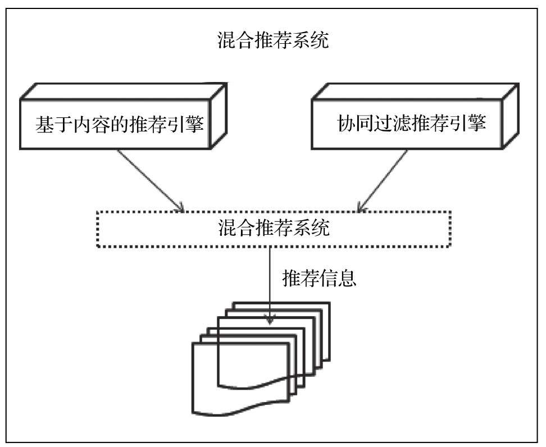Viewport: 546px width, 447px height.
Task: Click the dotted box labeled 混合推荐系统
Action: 273,229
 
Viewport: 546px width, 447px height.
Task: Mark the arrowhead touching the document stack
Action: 271,320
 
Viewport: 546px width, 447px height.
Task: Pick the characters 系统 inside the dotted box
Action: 311,229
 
